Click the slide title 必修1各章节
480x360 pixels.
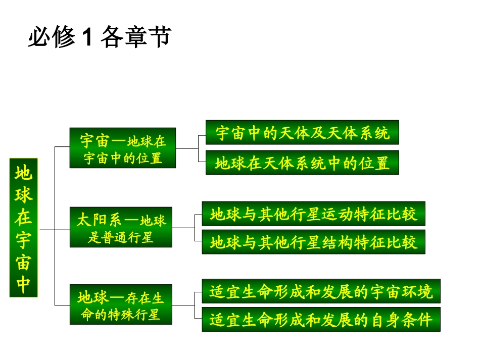click(x=100, y=37)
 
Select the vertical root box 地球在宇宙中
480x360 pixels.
click(x=24, y=227)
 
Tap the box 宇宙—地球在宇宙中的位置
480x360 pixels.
click(x=123, y=148)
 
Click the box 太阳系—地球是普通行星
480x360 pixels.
click(x=121, y=227)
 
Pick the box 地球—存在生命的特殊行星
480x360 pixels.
click(x=121, y=304)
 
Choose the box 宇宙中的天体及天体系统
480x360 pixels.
click(x=302, y=133)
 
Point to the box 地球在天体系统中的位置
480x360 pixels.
click(x=302, y=163)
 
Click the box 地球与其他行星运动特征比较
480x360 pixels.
click(x=313, y=214)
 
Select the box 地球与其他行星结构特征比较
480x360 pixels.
click(x=313, y=242)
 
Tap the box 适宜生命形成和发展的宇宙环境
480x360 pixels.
click(x=321, y=291)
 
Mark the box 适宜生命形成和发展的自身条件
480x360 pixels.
click(x=321, y=320)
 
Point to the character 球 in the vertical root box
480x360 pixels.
click(x=24, y=196)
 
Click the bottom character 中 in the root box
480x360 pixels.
click(x=24, y=284)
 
